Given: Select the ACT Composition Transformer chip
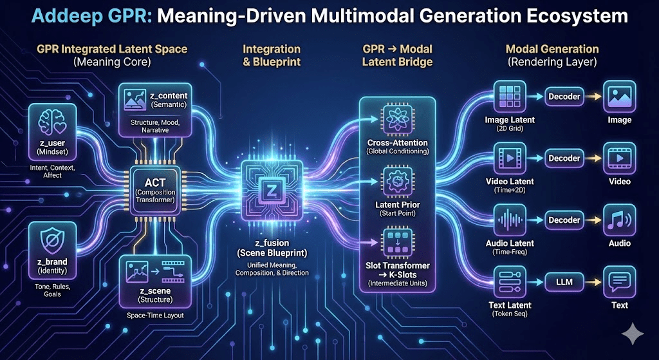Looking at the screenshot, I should [155, 184].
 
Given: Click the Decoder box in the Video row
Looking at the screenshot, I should [564, 158].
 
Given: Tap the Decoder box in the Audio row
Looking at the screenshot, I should [564, 220].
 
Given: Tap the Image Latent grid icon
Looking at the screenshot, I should [510, 97].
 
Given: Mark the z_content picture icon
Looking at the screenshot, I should [134, 99].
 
